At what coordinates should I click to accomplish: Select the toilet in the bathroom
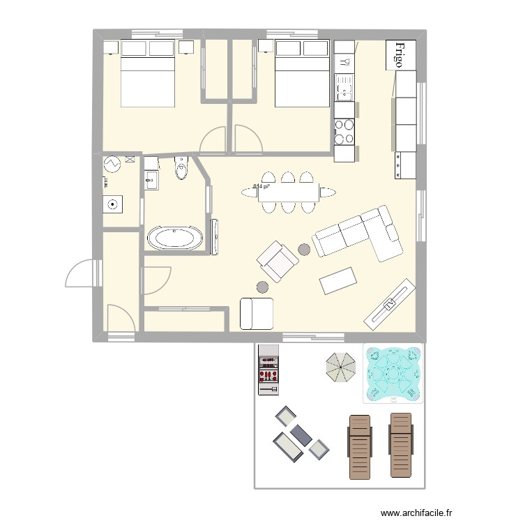click(x=182, y=168)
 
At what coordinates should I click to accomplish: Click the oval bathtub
click(x=175, y=238)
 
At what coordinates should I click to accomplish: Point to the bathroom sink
click(x=151, y=180)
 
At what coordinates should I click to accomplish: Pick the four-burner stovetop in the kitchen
click(x=344, y=132)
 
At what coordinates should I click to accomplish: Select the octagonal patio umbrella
click(x=340, y=366)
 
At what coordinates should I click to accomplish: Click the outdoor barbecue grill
click(x=268, y=370)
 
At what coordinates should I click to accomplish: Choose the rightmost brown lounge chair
click(x=401, y=445)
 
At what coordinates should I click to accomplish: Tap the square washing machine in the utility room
click(x=112, y=204)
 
